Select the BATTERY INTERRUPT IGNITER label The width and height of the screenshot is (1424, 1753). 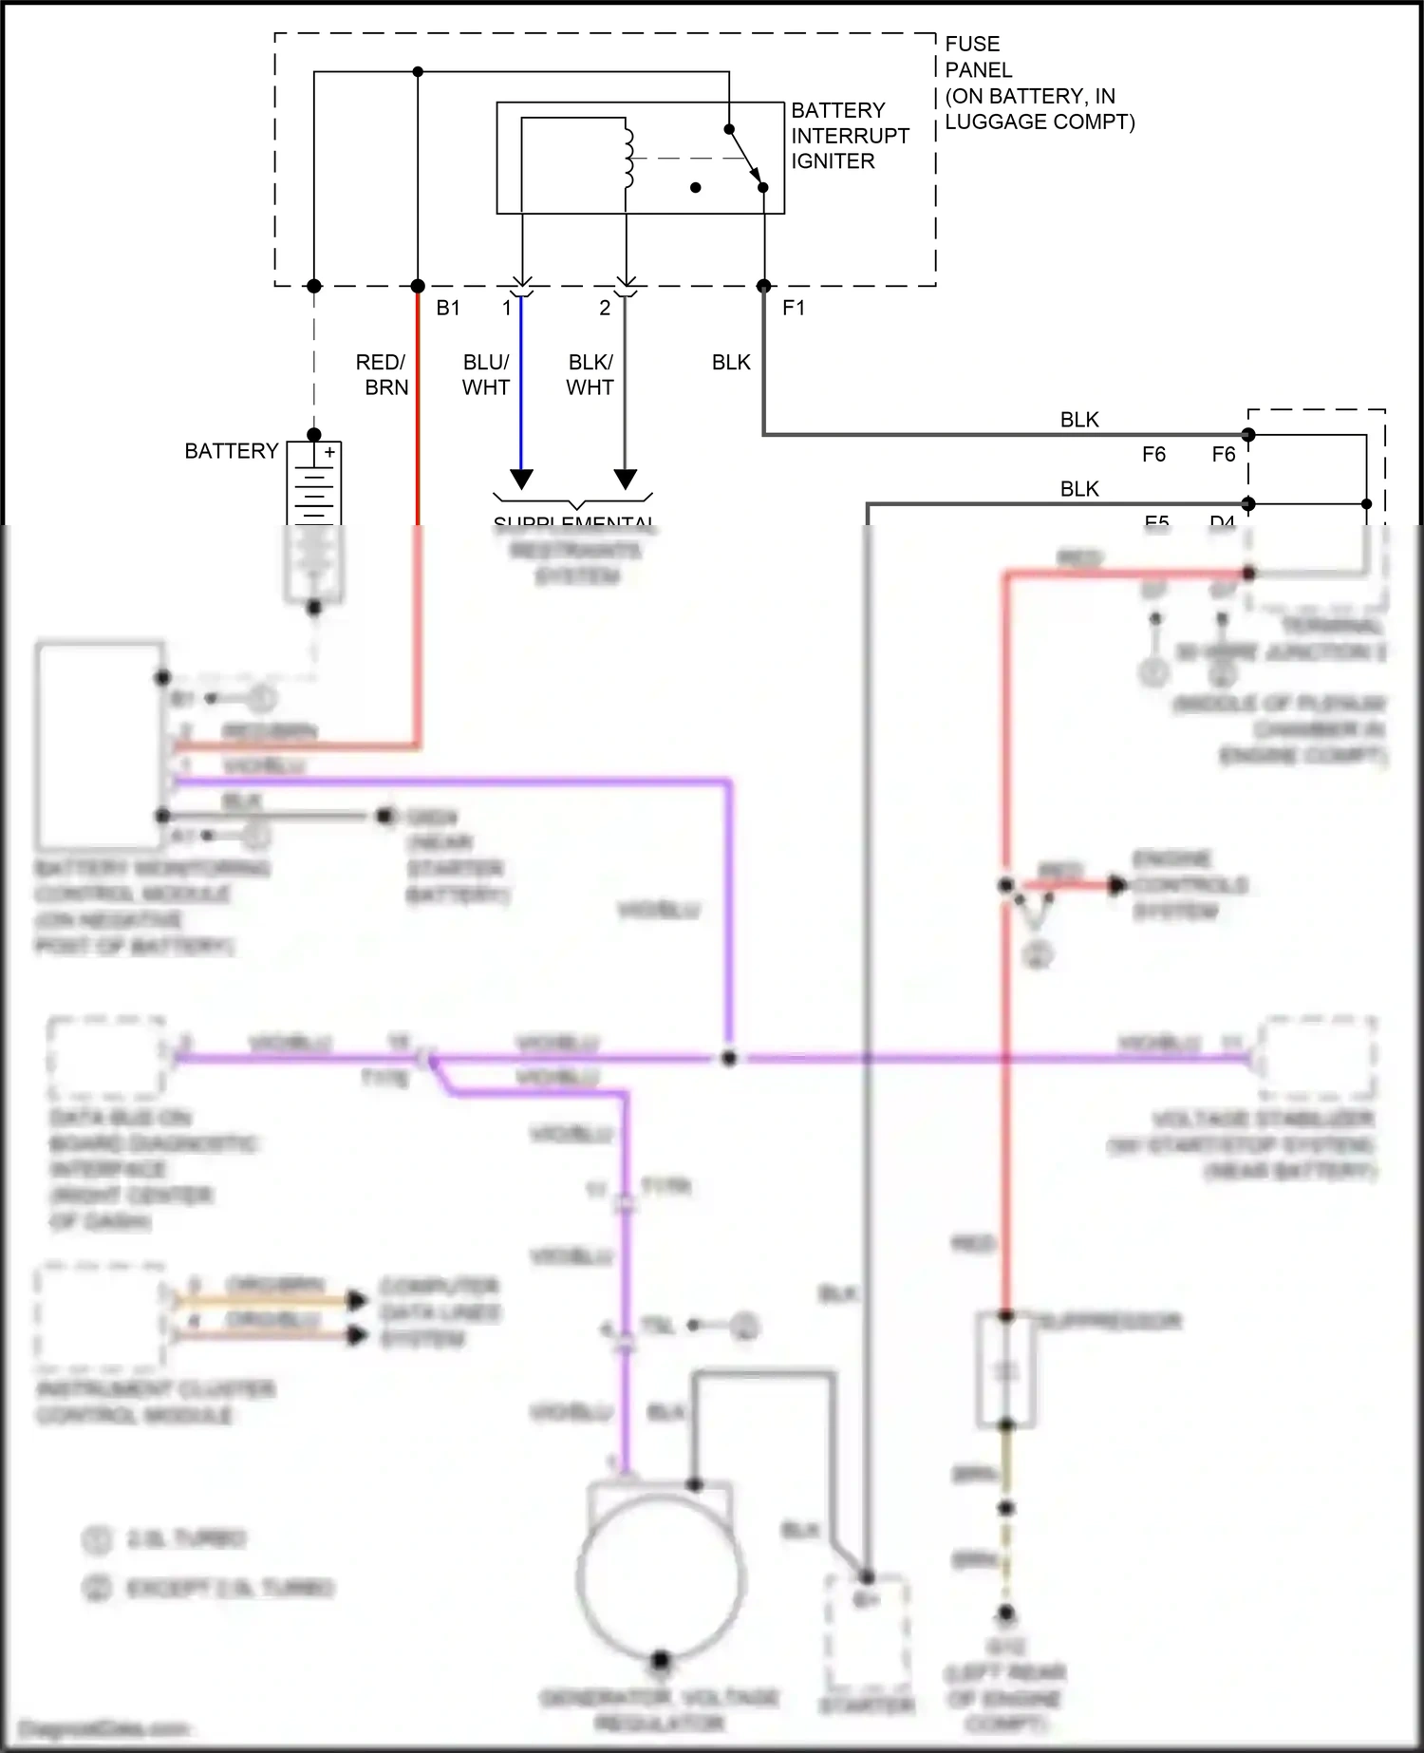point(849,136)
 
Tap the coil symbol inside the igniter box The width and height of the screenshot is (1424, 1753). point(628,157)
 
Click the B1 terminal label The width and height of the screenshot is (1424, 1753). point(448,308)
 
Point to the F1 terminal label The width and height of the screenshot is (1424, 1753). point(794,308)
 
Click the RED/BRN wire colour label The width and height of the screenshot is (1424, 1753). point(382,374)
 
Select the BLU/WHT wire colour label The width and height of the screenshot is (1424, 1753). point(486,374)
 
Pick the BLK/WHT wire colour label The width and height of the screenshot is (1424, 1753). point(590,374)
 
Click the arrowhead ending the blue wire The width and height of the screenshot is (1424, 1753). point(521,479)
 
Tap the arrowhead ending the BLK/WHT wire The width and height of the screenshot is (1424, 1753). point(625,479)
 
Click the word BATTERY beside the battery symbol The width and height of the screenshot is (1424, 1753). point(231,450)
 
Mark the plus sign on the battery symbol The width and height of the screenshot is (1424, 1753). point(329,453)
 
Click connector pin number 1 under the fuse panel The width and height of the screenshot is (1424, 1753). point(507,308)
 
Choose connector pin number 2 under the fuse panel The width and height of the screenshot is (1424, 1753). point(605,308)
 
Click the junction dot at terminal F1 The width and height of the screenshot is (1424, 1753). point(763,286)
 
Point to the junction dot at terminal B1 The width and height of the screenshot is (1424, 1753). point(418,286)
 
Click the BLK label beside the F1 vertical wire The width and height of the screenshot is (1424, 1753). point(731,362)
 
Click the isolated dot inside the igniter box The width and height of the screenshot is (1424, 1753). point(696,188)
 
